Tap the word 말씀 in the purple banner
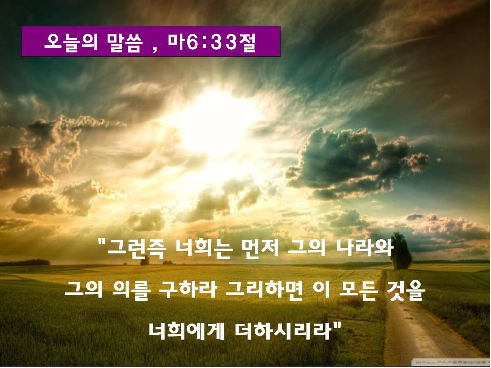tap(125, 42)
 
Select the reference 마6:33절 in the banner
tap(212, 42)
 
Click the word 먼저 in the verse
tap(260, 248)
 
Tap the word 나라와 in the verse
tap(365, 248)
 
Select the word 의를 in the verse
tap(131, 290)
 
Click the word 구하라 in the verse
tap(187, 290)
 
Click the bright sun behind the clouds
tap(216, 122)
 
